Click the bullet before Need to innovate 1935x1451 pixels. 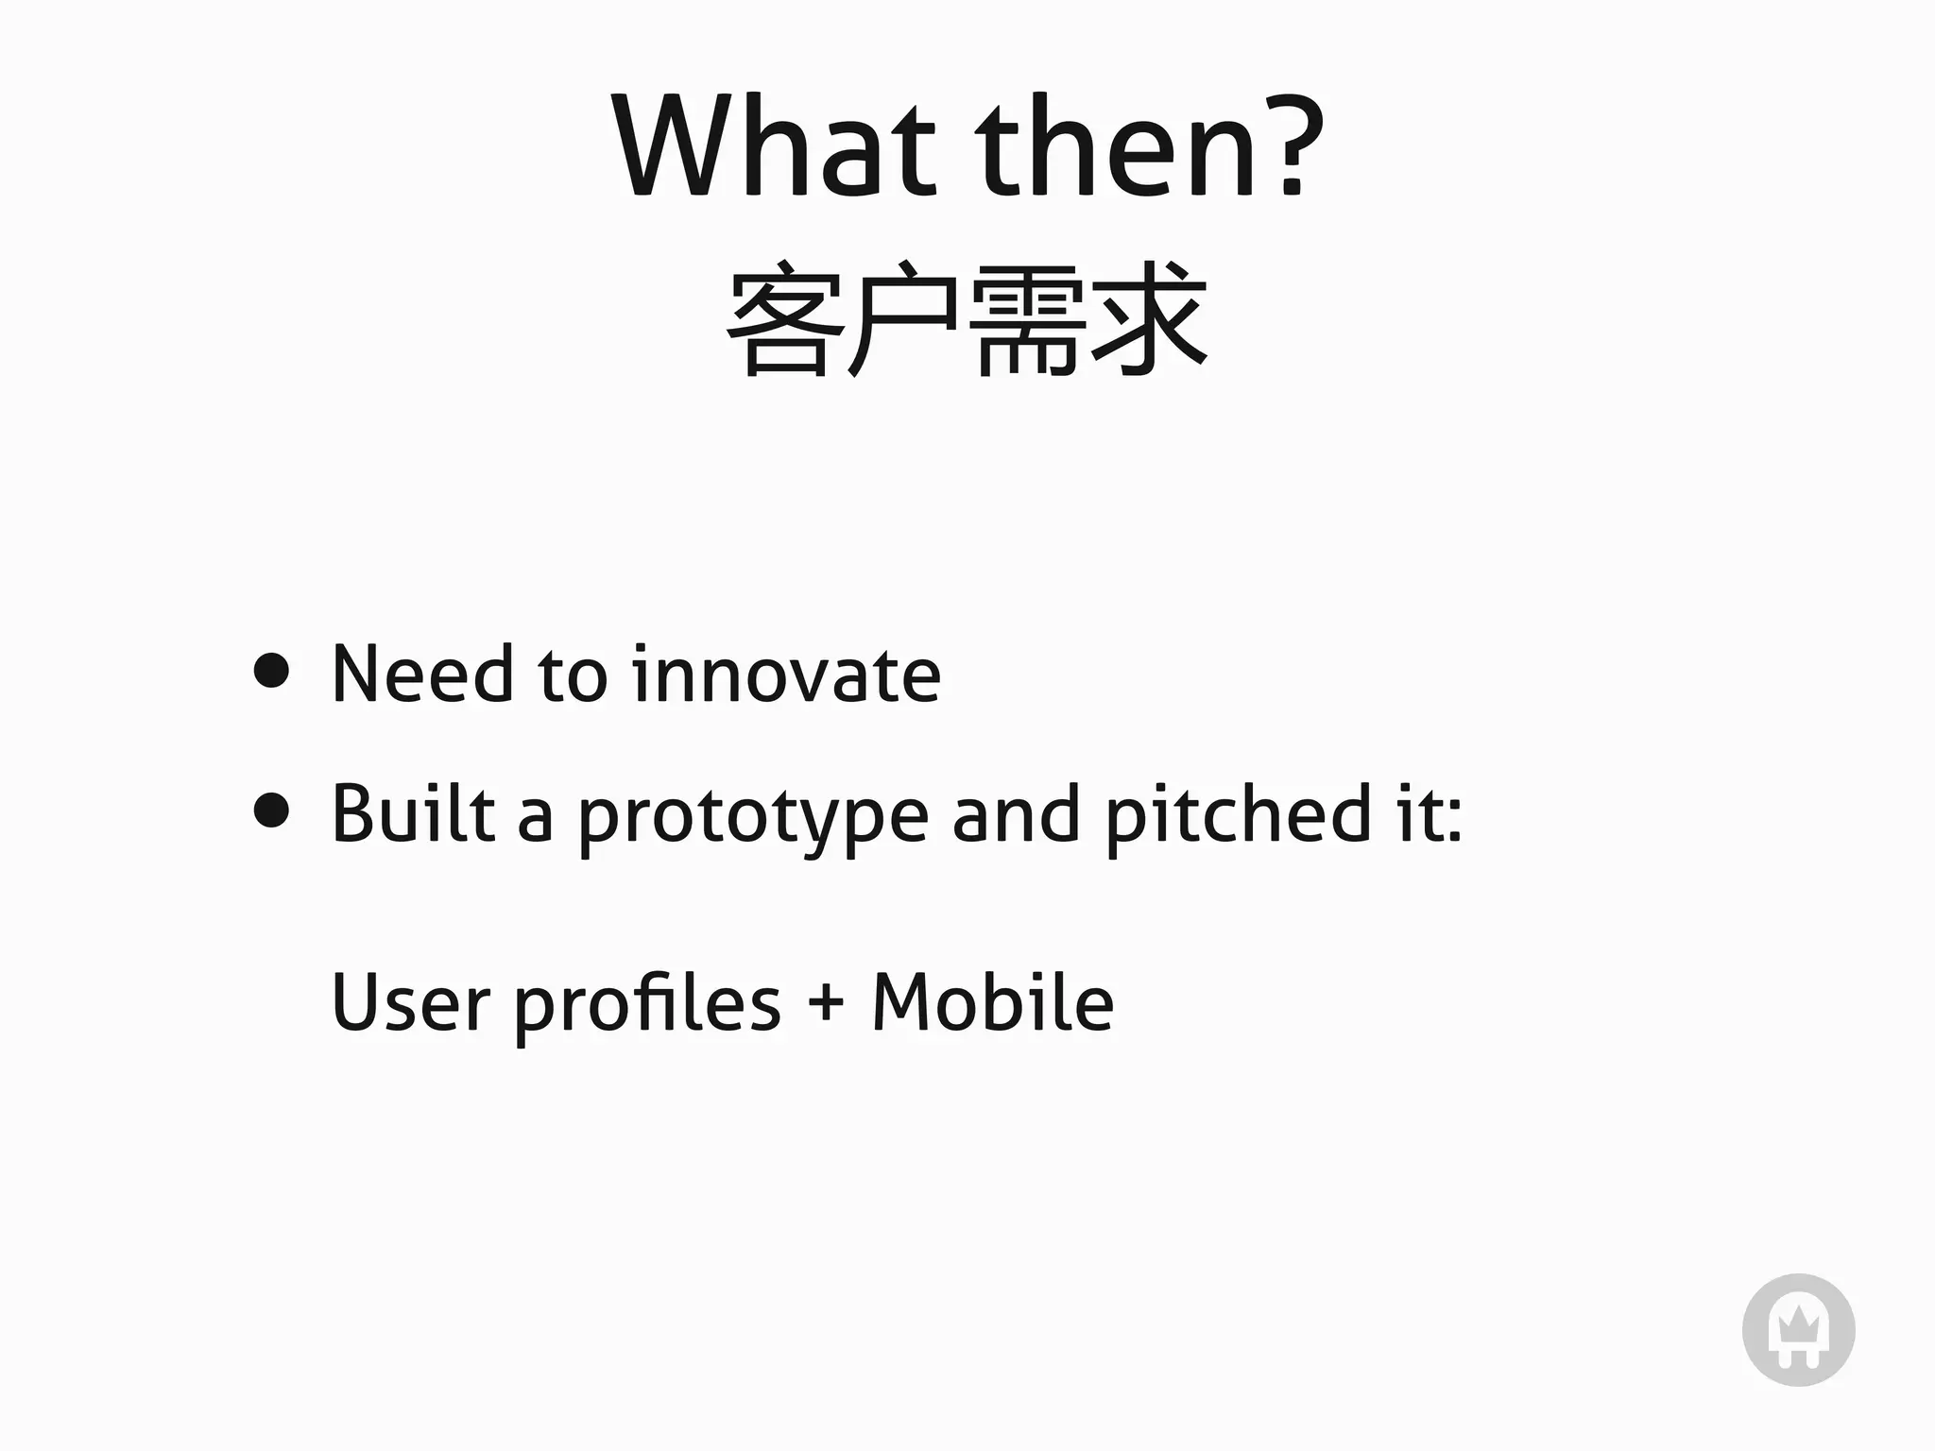(x=272, y=672)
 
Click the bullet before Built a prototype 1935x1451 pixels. (x=272, y=811)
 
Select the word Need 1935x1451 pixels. (x=423, y=674)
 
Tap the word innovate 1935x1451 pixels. (x=786, y=674)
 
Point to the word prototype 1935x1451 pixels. (x=753, y=818)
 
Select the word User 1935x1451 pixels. (x=410, y=1002)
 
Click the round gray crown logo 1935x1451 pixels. (x=1798, y=1330)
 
